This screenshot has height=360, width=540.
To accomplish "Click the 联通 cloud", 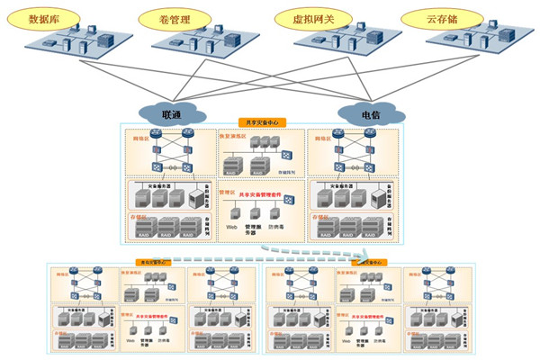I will (171, 114).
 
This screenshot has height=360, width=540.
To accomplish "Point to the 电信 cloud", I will (370, 114).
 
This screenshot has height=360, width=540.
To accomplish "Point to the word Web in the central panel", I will (231, 226).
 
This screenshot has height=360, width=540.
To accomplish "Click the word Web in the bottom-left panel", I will (130, 339).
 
